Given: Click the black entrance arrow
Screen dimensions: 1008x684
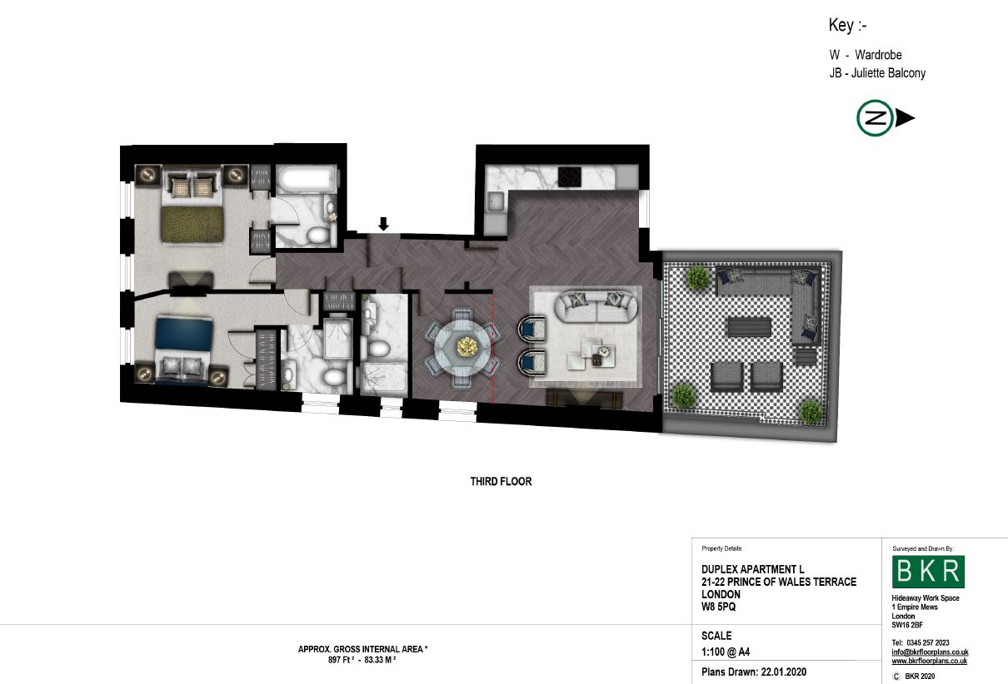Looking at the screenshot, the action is tap(383, 224).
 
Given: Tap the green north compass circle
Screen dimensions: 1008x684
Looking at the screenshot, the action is tap(875, 118).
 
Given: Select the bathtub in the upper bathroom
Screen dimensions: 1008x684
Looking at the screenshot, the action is tap(306, 179).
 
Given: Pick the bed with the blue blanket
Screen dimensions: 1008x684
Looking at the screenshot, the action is tap(184, 350).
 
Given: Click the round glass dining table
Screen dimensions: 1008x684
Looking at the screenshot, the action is tap(463, 346).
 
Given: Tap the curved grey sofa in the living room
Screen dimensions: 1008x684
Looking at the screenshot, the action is tap(596, 306).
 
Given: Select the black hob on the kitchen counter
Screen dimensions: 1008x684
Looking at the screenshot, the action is tap(569, 176).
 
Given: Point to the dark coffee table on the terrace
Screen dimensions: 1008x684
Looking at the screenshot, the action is tap(748, 327).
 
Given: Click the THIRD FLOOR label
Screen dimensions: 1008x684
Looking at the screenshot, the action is tap(501, 481).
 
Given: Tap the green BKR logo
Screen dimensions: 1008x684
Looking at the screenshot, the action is tap(928, 571).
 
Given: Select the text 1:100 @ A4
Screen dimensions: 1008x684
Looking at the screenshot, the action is tap(726, 652).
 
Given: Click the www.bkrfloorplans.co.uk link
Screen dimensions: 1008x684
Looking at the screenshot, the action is tap(929, 661).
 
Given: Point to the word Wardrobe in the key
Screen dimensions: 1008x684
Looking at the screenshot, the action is tap(878, 55).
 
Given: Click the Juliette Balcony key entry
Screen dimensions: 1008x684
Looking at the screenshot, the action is tap(877, 72).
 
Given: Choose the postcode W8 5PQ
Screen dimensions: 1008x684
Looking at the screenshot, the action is tap(718, 607).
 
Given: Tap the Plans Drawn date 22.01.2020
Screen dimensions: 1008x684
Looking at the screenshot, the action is tap(783, 672).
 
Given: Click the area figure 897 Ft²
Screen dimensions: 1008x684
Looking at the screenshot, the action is tap(341, 660).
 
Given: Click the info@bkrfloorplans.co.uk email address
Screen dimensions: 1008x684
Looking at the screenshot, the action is tap(931, 652).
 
